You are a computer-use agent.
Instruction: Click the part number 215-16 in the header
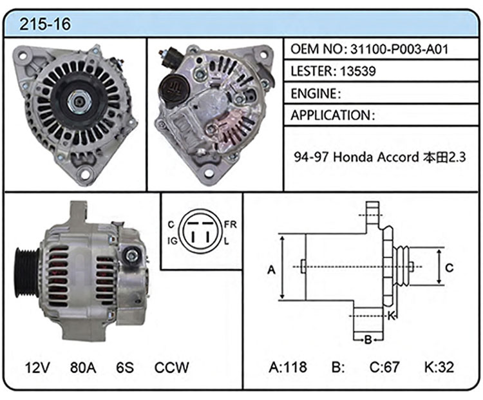(x=45, y=24)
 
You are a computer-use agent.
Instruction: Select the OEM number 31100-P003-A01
(x=399, y=49)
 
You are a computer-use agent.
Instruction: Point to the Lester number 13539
(x=358, y=71)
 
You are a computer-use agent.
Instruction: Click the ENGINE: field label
(x=316, y=93)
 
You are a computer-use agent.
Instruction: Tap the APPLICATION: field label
(x=333, y=115)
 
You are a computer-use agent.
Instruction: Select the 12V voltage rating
(x=37, y=367)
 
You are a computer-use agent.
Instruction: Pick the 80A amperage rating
(x=83, y=367)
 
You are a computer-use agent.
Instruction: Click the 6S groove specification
(x=125, y=367)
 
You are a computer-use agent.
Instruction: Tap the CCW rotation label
(x=171, y=367)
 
